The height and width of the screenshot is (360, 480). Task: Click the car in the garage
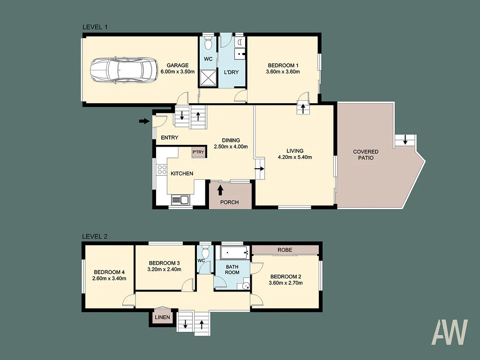(124, 70)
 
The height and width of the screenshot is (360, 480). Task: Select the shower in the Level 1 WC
(208, 78)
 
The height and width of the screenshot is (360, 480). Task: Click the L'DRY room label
(232, 72)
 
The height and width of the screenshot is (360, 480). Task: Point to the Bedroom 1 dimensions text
(283, 72)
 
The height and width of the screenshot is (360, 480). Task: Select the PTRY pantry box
(198, 151)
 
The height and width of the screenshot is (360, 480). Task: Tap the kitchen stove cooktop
(162, 170)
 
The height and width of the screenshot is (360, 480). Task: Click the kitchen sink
(180, 200)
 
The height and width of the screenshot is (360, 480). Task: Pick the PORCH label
(230, 202)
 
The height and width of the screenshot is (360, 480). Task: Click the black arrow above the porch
(220, 190)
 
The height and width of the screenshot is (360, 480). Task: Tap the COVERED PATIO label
(366, 155)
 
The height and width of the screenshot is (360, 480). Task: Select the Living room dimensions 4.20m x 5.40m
(294, 157)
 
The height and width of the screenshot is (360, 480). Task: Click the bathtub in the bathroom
(233, 253)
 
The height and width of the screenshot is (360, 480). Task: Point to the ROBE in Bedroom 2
(285, 250)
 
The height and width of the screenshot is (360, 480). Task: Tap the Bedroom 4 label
(109, 272)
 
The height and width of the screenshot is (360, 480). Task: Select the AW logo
(450, 332)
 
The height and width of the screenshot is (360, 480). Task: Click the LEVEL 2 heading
(95, 236)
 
